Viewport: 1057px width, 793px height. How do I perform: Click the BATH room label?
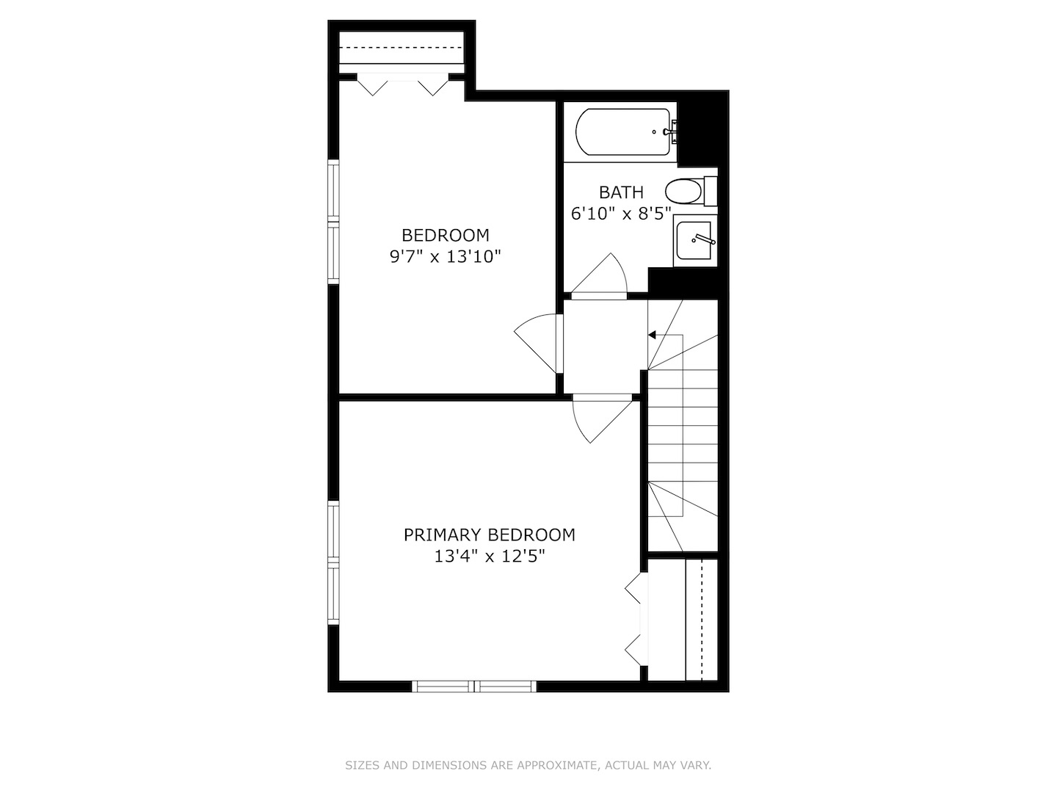[621, 192]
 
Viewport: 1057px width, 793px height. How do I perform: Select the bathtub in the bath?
[623, 132]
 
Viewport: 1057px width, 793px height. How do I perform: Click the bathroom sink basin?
[694, 240]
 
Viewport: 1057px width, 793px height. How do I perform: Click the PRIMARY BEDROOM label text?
[490, 535]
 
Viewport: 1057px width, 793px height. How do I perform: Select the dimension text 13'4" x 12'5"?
[490, 557]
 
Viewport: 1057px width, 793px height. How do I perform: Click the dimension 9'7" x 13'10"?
[445, 257]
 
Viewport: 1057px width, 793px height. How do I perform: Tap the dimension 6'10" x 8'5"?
[621, 214]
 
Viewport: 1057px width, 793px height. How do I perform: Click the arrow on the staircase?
[652, 335]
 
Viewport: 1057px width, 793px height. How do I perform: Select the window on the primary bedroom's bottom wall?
[474, 687]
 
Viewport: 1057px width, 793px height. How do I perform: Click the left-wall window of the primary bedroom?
[334, 562]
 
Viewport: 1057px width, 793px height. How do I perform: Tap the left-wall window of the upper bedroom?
[334, 222]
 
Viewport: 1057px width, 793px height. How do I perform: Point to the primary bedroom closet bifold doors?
[635, 618]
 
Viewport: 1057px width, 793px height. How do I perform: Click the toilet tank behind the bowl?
[710, 192]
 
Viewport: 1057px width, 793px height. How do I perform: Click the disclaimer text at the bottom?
[528, 765]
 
